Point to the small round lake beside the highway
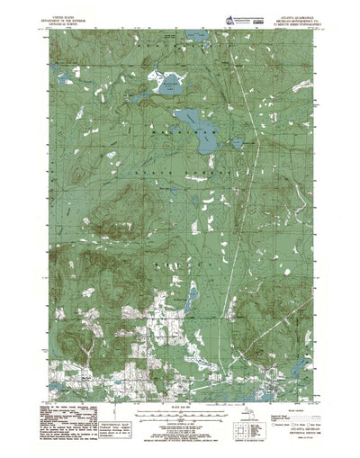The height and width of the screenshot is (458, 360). pyautogui.click(x=236, y=142)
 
